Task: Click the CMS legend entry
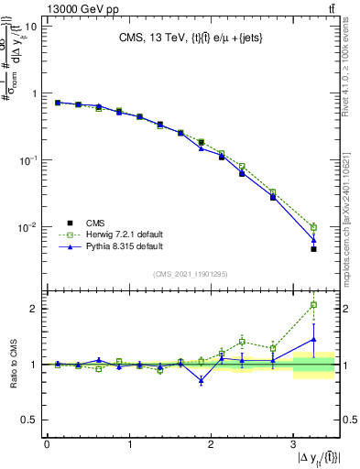(95, 223)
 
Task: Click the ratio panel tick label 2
(33, 309)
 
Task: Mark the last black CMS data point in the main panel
(313, 249)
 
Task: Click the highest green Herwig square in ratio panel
(313, 305)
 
